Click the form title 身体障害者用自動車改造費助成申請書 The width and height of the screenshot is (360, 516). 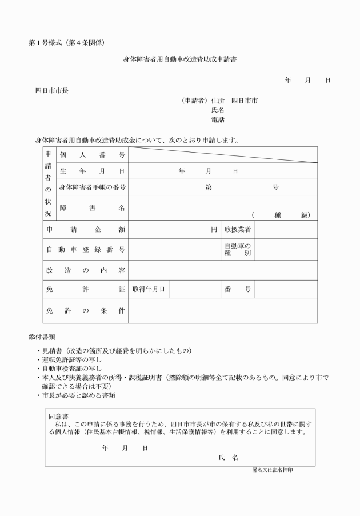coord(180,59)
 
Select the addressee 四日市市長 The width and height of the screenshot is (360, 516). coord(52,90)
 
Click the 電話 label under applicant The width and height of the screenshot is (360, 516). coord(218,119)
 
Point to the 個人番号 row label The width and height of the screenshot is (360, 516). coord(92,155)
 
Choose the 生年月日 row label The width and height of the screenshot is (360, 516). coord(92,171)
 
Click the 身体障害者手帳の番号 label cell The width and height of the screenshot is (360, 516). coord(92,187)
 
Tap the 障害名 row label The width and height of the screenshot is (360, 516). coord(92,208)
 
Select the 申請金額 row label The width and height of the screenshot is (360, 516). coord(86,229)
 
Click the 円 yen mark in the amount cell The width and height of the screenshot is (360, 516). coord(214,229)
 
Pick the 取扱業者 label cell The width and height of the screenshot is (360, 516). coord(237,229)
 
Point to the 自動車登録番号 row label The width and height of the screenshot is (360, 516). coord(86,250)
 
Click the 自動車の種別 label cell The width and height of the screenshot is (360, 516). coord(237,250)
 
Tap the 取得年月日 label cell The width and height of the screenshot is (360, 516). coord(149,289)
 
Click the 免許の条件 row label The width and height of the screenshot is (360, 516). coord(86,311)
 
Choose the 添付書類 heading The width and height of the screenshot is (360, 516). coord(42,337)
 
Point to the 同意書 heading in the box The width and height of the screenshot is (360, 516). coord(59,415)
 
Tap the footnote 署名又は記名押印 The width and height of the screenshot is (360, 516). coord(275,470)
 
